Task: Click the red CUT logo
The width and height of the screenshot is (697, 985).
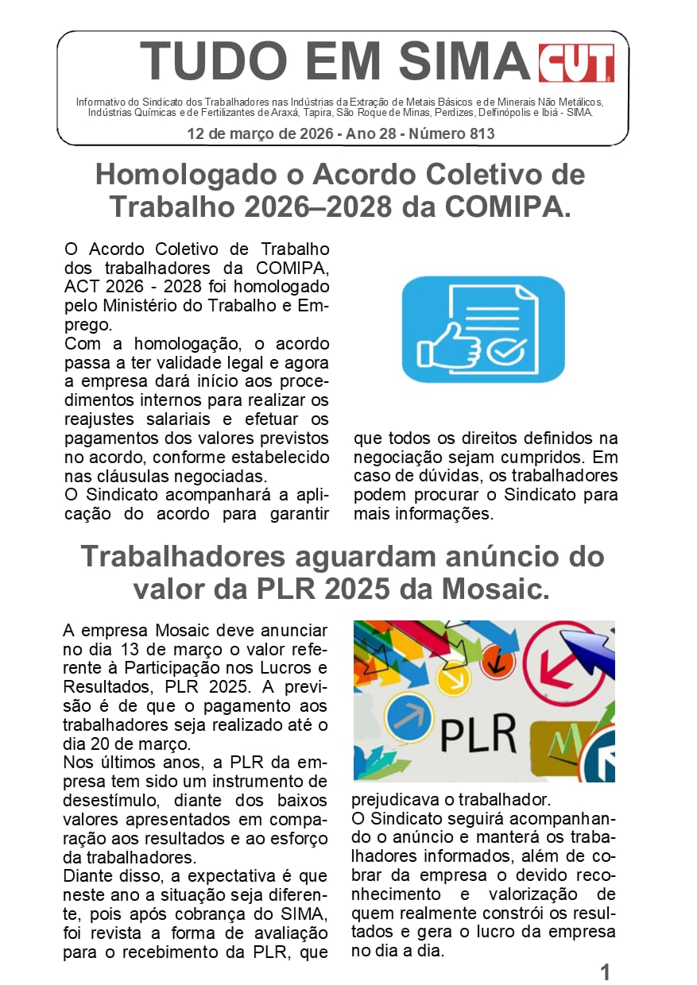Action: coord(576,63)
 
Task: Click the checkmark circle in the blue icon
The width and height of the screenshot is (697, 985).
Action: coord(505,349)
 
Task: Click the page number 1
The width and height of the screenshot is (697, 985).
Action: coord(605,971)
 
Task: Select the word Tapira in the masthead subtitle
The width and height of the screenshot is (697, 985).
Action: coord(371,113)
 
